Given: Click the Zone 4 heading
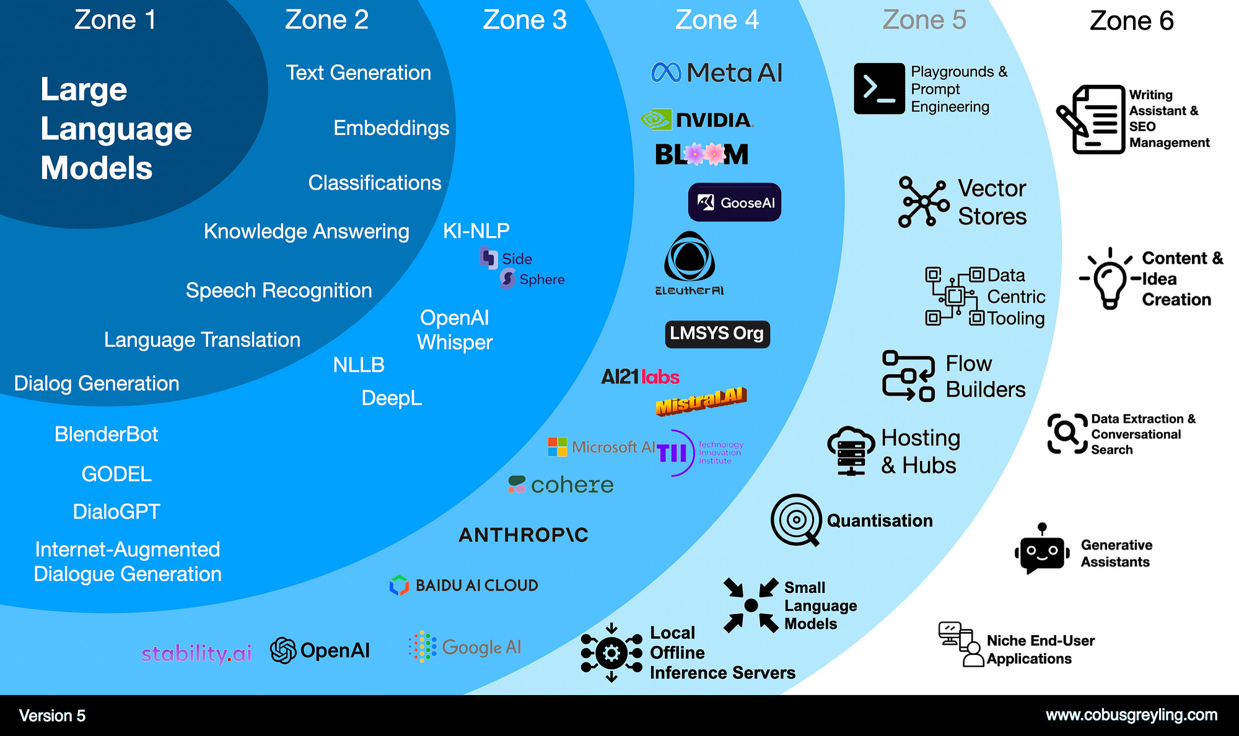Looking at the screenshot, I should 717,20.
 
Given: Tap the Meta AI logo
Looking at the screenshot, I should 717,73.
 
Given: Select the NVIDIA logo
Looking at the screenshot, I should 698,120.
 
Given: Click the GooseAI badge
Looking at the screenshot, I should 735,203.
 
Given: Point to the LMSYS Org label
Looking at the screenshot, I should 717,334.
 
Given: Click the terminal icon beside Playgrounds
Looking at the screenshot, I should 878,89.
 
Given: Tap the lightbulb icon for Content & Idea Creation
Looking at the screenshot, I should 1110,279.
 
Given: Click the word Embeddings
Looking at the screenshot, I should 391,128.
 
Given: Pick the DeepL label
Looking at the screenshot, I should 392,398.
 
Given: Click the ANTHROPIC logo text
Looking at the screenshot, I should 523,535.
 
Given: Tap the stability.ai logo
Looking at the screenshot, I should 196,653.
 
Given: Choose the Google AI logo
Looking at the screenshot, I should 465,647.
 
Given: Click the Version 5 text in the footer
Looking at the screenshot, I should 52,716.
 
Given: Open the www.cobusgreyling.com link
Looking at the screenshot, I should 1131,715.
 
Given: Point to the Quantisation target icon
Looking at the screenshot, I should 796,520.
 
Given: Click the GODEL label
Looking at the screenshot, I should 116,474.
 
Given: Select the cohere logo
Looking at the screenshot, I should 561,484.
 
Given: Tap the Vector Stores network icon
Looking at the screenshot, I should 924,202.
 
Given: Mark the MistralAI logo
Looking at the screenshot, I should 701,401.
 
